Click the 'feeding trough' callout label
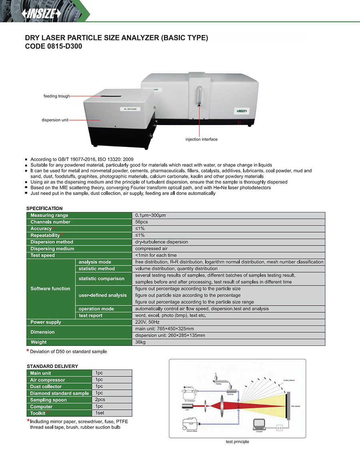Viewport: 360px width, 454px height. (57, 96)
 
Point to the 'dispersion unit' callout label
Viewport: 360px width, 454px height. (55, 120)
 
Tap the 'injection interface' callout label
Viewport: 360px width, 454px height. (202, 139)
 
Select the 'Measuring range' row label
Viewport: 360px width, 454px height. (49, 215)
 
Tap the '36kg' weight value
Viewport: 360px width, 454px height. (141, 342)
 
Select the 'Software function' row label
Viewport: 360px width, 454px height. (50, 289)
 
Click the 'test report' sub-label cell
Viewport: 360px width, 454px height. (90, 315)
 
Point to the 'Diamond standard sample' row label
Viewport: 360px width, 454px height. (59, 393)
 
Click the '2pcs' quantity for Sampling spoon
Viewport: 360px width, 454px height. (100, 400)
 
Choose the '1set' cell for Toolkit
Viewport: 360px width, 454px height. (100, 413)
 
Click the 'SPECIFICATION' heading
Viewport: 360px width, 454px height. (44, 209)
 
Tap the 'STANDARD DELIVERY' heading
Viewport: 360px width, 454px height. (52, 366)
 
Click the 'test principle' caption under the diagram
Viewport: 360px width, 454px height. (237, 442)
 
